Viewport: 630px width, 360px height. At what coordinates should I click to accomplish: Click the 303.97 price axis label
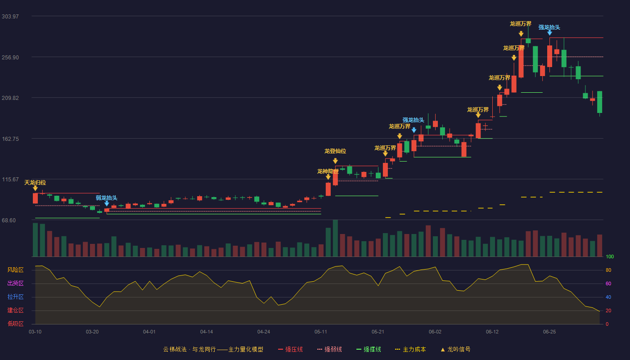[10, 17]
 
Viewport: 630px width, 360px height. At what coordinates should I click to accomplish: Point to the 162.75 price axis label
[10, 139]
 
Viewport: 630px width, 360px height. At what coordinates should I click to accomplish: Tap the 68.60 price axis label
[9, 220]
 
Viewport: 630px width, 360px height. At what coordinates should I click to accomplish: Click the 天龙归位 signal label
[35, 183]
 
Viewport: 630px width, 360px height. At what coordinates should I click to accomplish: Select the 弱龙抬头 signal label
[107, 198]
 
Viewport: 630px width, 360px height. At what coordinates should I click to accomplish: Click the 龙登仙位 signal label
[335, 151]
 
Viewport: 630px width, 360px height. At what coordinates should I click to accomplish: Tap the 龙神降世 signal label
[328, 171]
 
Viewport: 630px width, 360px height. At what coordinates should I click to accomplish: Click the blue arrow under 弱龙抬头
[107, 203]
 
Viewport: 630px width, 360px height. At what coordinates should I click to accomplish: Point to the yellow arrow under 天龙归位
[35, 188]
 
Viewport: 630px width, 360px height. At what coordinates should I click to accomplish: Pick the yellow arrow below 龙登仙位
[335, 161]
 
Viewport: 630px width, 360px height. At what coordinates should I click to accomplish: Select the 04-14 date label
[207, 332]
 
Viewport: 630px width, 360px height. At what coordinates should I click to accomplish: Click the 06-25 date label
[549, 332]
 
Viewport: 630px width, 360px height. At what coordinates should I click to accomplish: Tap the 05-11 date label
[320, 332]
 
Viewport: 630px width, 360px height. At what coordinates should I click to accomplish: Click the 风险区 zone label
[15, 270]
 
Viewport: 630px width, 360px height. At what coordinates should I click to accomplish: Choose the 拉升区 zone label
[15, 297]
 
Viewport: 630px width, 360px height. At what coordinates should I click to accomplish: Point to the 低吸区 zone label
[15, 324]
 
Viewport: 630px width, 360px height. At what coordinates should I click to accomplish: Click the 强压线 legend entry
[290, 349]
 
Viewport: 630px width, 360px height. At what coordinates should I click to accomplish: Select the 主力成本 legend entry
[410, 349]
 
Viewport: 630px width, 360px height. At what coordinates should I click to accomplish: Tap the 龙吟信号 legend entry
[455, 349]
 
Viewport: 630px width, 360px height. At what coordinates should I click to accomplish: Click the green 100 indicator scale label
[610, 256]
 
